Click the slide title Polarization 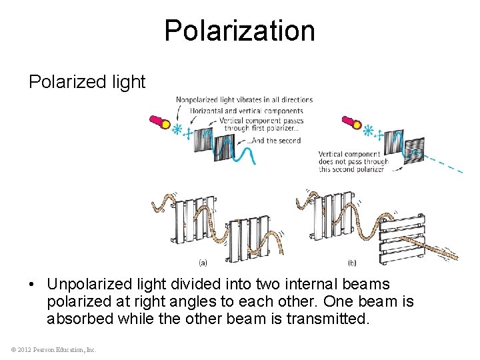click(239, 31)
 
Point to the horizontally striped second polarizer click(414, 148)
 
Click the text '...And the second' click(274, 141)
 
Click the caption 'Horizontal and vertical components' click(247, 111)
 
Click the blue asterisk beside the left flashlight click(177, 129)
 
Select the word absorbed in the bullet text click(80, 319)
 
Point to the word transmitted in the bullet click(327, 319)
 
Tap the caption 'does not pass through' click(353, 161)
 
